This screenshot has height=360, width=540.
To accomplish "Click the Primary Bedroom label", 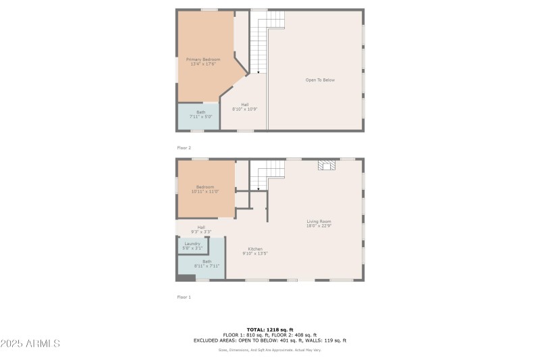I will tap(203, 59).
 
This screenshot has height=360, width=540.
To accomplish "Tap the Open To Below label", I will tap(320, 80).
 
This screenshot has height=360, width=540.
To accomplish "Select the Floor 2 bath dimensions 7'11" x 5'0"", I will tap(200, 117).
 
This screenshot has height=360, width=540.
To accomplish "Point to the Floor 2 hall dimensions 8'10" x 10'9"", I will tap(245, 109).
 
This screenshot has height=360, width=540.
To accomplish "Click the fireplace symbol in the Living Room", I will tap(327, 167).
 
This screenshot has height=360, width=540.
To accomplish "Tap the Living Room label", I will tap(319, 221).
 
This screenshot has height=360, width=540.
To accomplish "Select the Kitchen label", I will tap(255, 249).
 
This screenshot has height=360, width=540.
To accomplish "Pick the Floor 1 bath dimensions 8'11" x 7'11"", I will tap(207, 265).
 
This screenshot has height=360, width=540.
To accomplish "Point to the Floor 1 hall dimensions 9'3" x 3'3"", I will tap(201, 232).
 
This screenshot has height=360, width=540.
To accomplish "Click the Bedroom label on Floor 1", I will tap(205, 187).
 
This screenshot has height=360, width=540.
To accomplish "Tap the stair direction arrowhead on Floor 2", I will tap(259, 71).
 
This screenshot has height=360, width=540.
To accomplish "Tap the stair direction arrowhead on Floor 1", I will tap(259, 188).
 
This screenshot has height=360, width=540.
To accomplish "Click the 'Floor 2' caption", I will tap(184, 147).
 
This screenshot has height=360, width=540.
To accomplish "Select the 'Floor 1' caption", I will tap(184, 297).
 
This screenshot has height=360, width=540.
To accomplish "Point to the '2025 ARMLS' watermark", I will tap(30, 343).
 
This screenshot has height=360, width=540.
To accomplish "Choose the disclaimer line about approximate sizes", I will tap(269, 350).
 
